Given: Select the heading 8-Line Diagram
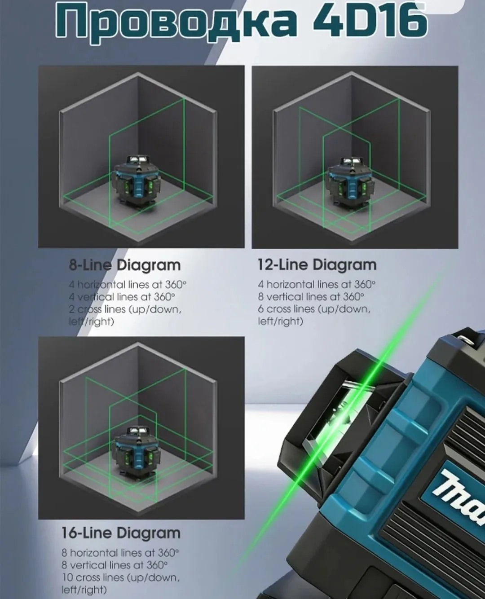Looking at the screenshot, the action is pyautogui.click(x=124, y=265).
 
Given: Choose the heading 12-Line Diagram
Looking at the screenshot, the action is pyautogui.click(x=317, y=265).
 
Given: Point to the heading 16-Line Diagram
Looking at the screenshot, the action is pyautogui.click(x=121, y=533).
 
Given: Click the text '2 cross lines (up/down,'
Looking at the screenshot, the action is pyautogui.click(x=125, y=310).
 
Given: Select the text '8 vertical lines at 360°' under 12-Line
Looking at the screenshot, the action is pyautogui.click(x=311, y=297).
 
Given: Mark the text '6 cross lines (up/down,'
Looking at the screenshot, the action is pyautogui.click(x=314, y=309).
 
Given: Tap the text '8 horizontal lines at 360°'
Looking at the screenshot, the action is pyautogui.click(x=120, y=553).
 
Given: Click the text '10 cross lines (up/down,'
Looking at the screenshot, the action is pyautogui.click(x=120, y=577).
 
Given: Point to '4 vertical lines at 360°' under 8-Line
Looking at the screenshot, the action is pyautogui.click(x=122, y=297).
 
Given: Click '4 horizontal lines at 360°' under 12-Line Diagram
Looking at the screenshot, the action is pyautogui.click(x=317, y=285).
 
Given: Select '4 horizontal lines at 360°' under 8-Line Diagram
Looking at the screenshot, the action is pyautogui.click(x=128, y=285).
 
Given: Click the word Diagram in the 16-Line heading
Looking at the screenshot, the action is pyautogui.click(x=149, y=533).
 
